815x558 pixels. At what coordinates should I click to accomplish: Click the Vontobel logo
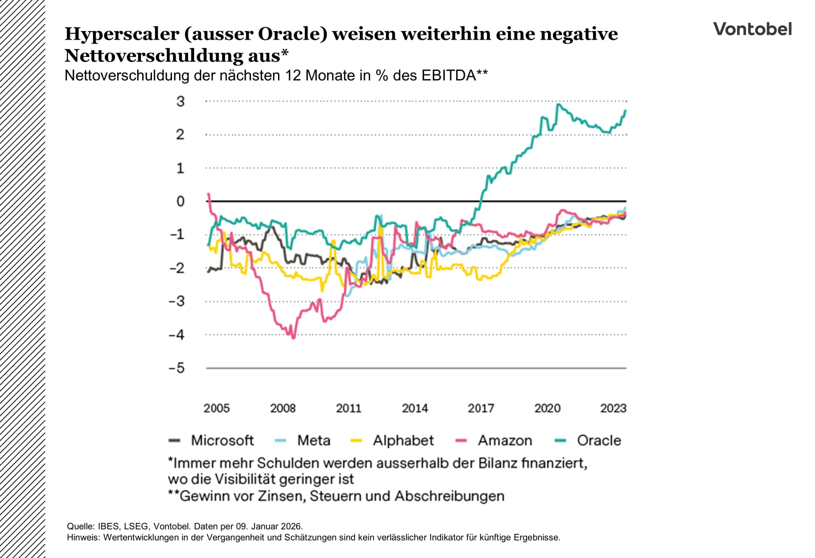coord(752,29)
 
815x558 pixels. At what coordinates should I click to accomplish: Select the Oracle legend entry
coord(599,440)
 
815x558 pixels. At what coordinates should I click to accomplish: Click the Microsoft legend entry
coord(222,440)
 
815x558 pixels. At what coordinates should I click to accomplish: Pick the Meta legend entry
coord(313,440)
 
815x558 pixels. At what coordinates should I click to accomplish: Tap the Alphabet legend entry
coord(403,440)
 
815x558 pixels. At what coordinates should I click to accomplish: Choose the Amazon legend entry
coord(505,440)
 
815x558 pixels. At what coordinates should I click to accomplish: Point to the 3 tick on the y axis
coord(180,102)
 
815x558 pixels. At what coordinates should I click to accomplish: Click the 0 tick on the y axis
coord(180,201)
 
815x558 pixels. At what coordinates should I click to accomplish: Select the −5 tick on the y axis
coord(177,368)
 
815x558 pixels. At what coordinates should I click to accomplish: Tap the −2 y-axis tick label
coord(177,268)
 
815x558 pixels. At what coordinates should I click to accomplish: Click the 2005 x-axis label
coord(216,408)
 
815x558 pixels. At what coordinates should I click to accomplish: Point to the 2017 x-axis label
coord(481,408)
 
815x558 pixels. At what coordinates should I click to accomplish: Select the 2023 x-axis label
coord(613,408)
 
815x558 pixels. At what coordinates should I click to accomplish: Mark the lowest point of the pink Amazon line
coord(293,337)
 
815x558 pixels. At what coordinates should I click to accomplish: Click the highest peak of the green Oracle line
coord(558,105)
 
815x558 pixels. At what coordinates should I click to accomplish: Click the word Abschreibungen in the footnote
coord(450,496)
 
